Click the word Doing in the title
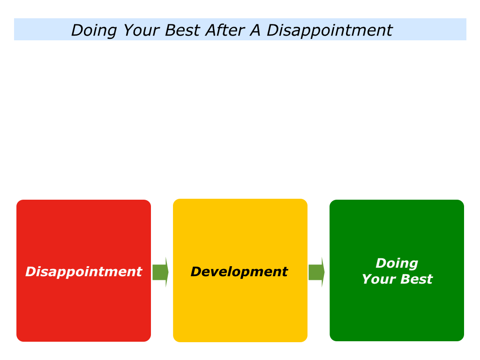[94, 31]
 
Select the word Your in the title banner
[142, 30]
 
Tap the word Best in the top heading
[182, 30]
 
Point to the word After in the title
[225, 30]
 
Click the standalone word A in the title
[255, 30]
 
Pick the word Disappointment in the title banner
[330, 31]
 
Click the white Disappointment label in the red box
[83, 272]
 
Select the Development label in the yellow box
[239, 272]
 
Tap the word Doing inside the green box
[397, 263]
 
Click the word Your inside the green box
[378, 279]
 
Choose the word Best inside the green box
[416, 279]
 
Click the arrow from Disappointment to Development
[160, 272]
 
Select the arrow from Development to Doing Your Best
[316, 272]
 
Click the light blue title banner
[240, 29]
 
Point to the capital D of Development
[197, 272]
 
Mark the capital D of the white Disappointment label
[32, 272]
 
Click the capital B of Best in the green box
[406, 279]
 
